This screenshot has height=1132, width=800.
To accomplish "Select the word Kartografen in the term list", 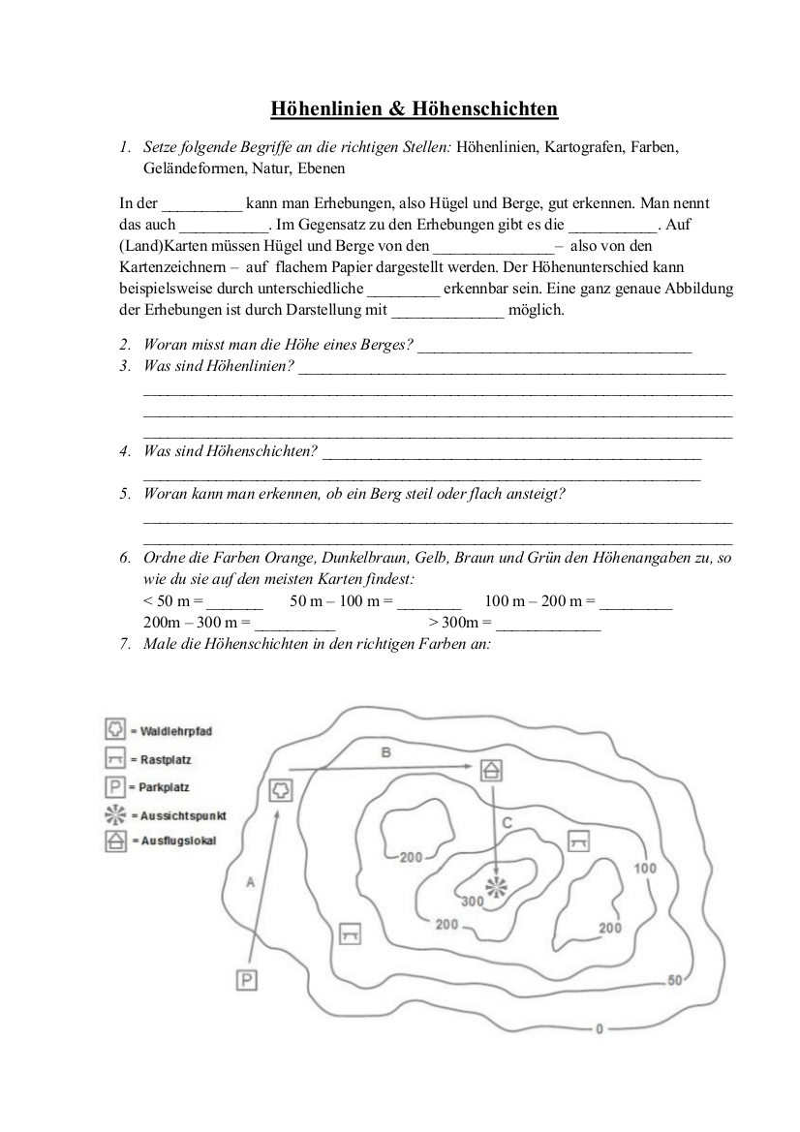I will [x=585, y=149].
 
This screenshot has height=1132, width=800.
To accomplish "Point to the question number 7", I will [x=125, y=644].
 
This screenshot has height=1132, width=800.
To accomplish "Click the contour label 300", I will [x=473, y=902].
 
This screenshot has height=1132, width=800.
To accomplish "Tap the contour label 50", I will [x=675, y=980].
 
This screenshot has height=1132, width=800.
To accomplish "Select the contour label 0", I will [x=600, y=1028].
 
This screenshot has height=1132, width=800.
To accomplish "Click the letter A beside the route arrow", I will [x=250, y=882].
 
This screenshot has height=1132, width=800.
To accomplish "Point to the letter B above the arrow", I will [x=385, y=751].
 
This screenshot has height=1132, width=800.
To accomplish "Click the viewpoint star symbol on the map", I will [x=496, y=885].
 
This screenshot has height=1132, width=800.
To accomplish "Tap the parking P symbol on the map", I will [x=248, y=980].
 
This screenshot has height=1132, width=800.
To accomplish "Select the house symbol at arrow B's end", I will [x=492, y=770].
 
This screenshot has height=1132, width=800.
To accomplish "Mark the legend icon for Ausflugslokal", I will [x=115, y=841].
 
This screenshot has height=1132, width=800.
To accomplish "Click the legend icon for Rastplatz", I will [x=115, y=758].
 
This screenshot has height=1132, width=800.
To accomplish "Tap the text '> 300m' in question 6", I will [x=458, y=623].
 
